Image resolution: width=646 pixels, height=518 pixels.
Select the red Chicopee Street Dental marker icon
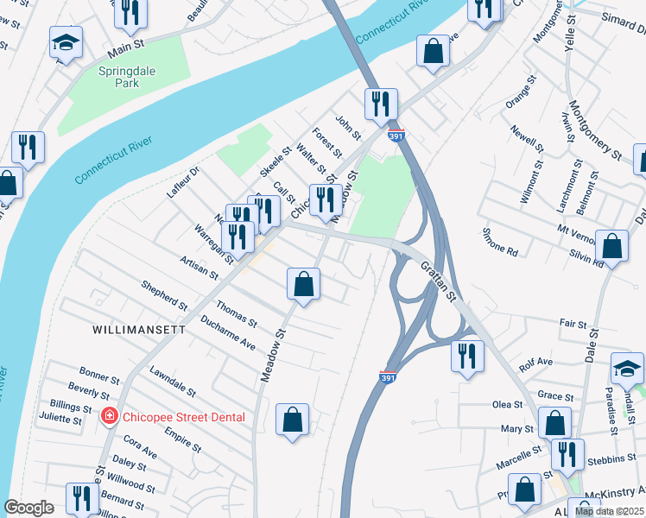109,417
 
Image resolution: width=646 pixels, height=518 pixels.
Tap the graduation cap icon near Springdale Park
65,42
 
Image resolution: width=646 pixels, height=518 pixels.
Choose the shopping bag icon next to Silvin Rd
611,246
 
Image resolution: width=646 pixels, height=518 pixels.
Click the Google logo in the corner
28,508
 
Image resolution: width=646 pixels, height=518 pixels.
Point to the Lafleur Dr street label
183,180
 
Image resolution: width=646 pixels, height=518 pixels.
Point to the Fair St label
573,323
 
